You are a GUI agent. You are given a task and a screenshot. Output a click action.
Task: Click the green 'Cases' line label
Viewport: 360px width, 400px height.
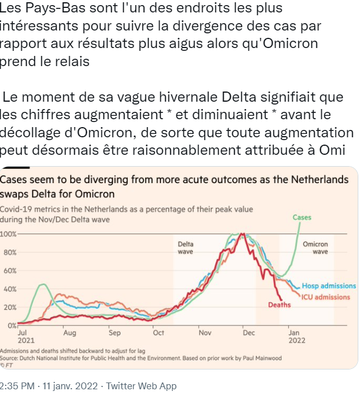[302, 217]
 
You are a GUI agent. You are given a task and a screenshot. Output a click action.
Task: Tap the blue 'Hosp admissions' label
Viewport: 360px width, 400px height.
[329, 286]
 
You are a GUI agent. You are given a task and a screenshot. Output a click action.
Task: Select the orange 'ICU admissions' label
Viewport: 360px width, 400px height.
[326, 297]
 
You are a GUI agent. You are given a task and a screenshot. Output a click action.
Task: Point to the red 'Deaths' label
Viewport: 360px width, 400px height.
[279, 305]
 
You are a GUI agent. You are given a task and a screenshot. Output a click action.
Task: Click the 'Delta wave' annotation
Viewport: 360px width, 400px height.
[185, 247]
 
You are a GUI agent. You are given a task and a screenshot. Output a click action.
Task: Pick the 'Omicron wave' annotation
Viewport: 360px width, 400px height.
[315, 247]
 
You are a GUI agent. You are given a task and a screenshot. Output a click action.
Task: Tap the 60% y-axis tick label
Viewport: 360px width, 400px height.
[10, 271]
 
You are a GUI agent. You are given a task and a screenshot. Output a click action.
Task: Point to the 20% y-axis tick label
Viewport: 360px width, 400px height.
[10, 307]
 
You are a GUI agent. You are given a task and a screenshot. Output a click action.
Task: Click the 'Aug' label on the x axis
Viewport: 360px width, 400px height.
[70, 333]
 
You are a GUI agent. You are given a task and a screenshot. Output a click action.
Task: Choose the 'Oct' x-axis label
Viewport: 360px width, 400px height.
[158, 333]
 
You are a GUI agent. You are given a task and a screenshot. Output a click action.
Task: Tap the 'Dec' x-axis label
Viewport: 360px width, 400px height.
[249, 333]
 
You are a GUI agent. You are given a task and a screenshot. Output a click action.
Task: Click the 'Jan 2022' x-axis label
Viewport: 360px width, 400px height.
[297, 337]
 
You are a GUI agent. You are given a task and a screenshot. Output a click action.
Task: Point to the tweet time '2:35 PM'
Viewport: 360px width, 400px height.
[16, 386]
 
